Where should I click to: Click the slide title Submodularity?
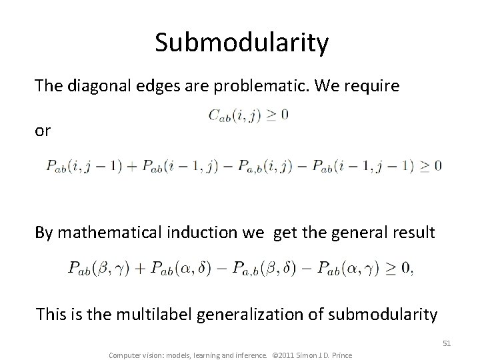[242, 43]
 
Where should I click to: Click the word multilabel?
[145, 313]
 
